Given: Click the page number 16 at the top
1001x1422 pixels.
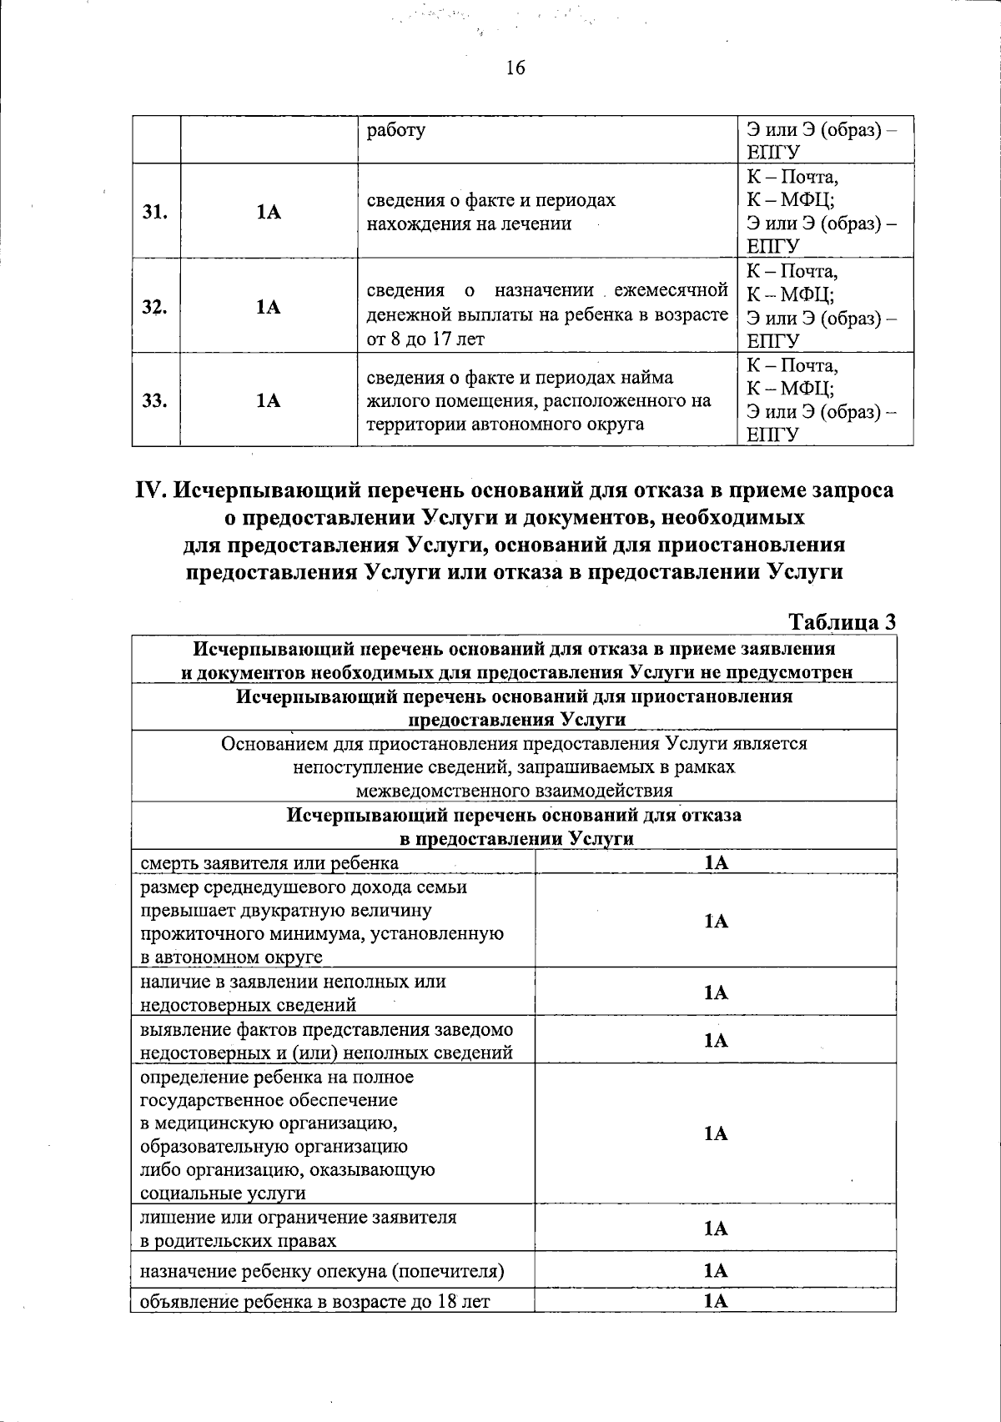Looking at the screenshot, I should [x=516, y=68].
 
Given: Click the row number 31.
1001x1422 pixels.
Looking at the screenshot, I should [x=155, y=212].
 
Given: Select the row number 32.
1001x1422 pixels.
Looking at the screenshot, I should [x=155, y=307].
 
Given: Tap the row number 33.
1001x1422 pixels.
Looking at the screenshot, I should [x=155, y=401].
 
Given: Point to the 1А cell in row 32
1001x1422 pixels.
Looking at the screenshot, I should [x=269, y=307].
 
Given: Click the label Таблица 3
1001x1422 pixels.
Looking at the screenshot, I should [x=842, y=622].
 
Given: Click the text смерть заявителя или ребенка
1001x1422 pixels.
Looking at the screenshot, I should [x=269, y=862].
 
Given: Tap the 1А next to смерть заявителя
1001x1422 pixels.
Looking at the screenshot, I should [x=716, y=862].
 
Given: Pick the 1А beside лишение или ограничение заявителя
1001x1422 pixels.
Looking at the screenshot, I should [x=716, y=1229].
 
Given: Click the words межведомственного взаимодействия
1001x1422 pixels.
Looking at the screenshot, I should [x=514, y=791].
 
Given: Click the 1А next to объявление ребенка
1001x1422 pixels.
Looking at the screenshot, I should [x=716, y=1301].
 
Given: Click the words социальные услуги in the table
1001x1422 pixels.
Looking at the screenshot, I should [x=223, y=1193].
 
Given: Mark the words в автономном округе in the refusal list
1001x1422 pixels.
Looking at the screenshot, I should [x=231, y=957].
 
